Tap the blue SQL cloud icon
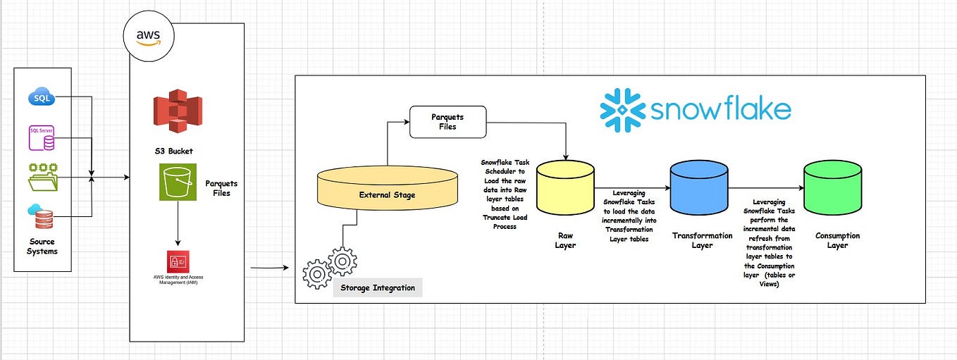(x=42, y=97)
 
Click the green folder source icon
(x=42, y=177)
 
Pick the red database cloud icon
(x=42, y=216)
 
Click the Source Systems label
(x=42, y=247)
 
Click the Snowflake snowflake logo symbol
(x=622, y=110)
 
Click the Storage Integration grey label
(x=378, y=287)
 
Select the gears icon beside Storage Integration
(x=330, y=268)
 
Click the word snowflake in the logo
(x=720, y=111)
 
